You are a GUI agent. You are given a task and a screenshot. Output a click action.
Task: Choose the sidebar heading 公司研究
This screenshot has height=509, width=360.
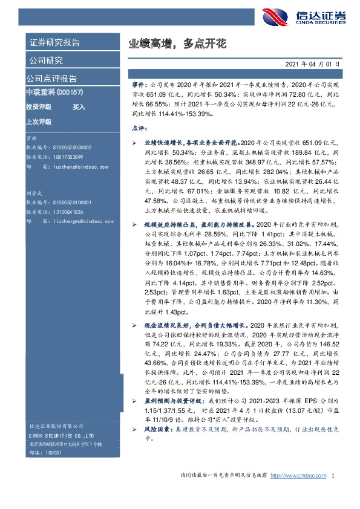point(45,60)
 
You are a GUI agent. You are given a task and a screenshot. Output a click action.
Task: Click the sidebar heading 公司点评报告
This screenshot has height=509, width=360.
point(51,79)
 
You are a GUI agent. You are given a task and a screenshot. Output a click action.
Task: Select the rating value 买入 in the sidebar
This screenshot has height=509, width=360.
point(79,106)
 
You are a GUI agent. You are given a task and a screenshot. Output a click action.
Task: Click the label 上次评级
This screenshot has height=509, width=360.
point(38,121)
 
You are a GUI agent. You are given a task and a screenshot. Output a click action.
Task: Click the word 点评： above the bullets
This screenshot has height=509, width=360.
point(139,129)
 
